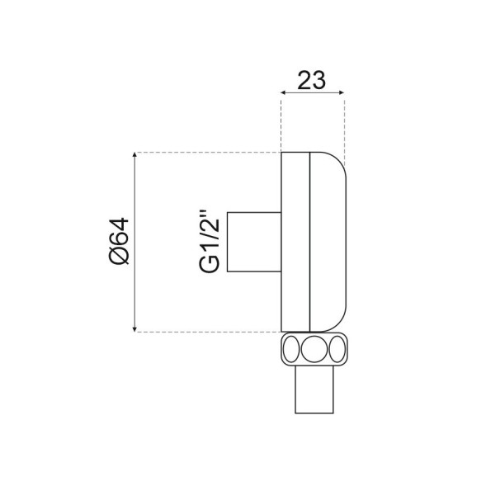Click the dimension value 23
tap(311, 80)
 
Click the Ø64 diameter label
tap(120, 243)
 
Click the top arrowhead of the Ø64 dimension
tap(134, 157)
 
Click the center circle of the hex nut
tap(314, 349)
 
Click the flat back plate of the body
tap(295, 242)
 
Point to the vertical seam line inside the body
tap(309, 242)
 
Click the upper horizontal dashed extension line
tap(206, 153)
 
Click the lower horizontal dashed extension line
tap(206, 332)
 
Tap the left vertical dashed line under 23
tap(281, 124)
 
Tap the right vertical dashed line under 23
tap(344, 124)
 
